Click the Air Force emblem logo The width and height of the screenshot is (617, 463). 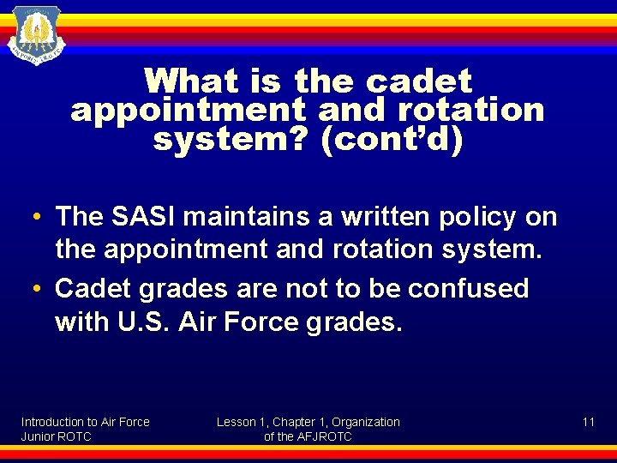36,34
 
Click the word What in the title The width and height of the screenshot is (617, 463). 191,82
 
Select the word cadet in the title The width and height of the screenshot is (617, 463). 419,82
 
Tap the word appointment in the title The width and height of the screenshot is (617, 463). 188,111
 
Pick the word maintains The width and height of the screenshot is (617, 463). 255,217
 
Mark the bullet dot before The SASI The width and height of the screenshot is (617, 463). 39,218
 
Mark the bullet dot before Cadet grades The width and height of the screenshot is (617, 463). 39,289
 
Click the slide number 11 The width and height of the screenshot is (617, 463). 588,422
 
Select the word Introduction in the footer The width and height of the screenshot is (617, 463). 53,422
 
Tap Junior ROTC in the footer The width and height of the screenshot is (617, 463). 56,436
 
